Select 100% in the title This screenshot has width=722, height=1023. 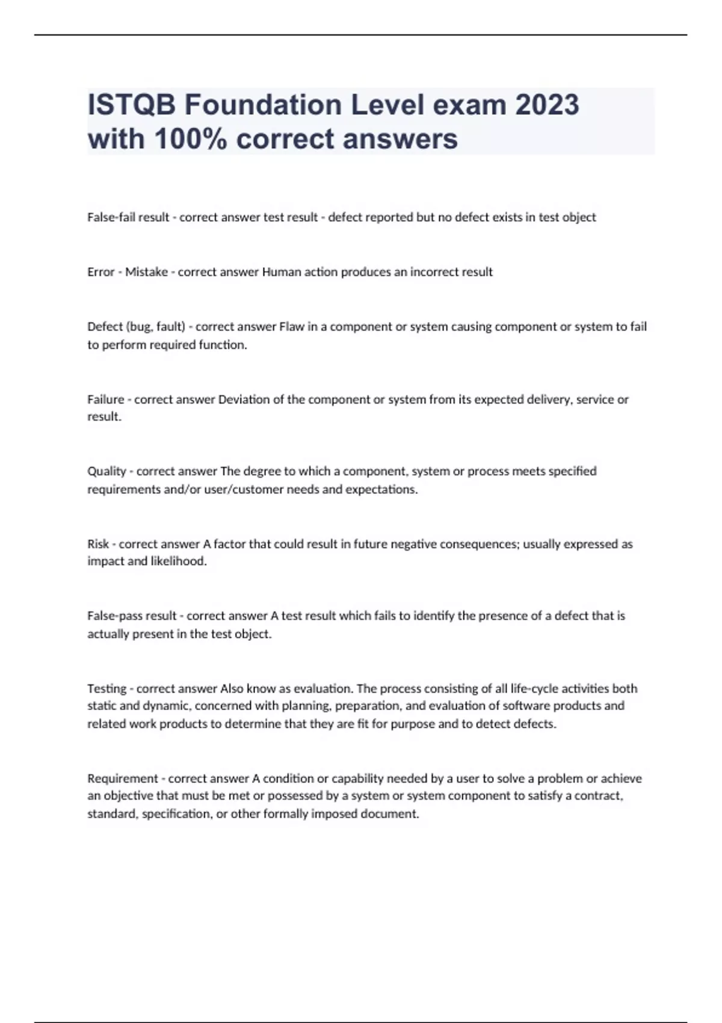pos(191,139)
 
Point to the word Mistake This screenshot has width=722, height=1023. pos(146,272)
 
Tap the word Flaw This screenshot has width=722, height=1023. pos(292,327)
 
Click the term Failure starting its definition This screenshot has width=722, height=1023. pos(105,400)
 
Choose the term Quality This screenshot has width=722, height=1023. pos(106,471)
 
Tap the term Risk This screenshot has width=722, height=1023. pos(98,544)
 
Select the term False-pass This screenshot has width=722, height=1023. pos(115,616)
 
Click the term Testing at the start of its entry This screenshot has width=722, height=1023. pos(106,688)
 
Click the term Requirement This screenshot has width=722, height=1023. pos(123,779)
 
